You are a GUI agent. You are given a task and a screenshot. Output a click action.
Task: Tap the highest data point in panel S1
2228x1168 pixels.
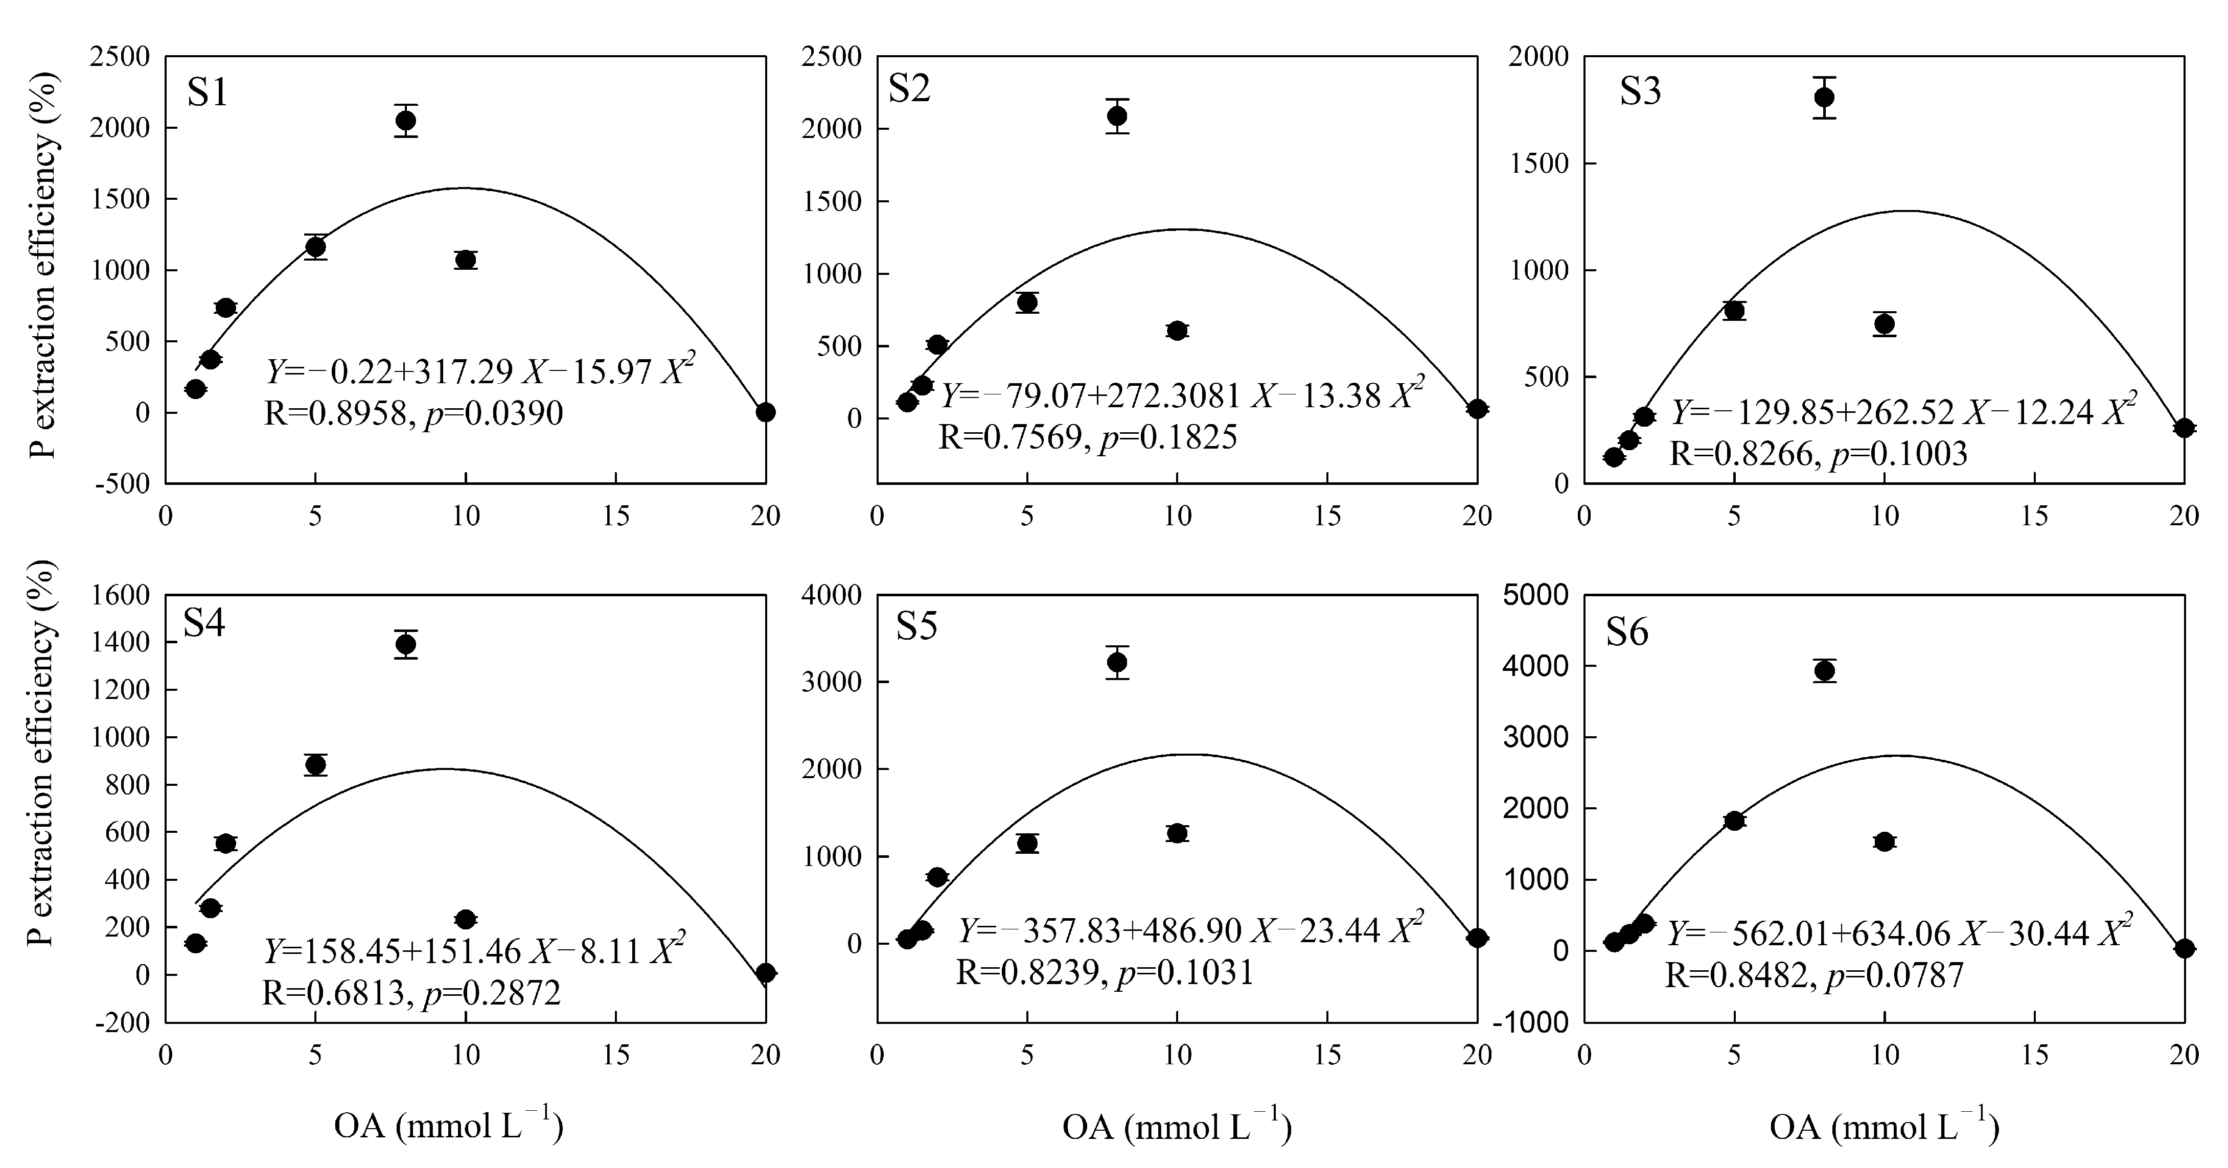coord(406,120)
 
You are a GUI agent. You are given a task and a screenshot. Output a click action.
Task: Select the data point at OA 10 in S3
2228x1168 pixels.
coord(1885,323)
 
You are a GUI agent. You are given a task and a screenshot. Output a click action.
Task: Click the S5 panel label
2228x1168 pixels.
coord(916,627)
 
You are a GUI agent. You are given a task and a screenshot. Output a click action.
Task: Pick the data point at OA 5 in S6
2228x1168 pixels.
coord(1734,821)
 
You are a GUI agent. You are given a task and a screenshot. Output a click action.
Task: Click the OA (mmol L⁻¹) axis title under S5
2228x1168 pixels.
coord(1176,1127)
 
